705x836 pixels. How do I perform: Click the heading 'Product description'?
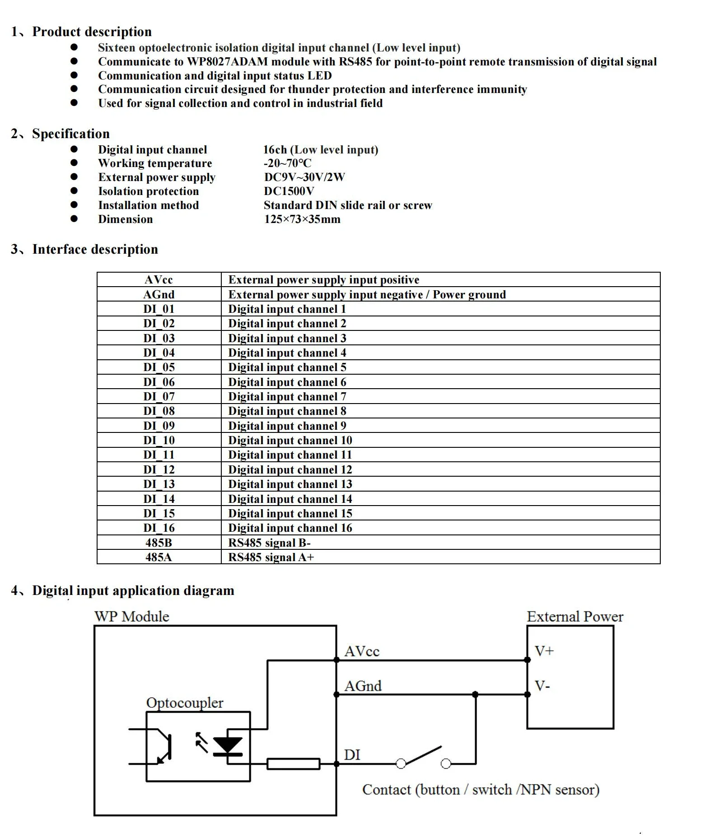pos(92,32)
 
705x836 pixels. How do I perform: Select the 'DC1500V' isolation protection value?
pos(289,191)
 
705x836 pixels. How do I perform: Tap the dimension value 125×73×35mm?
pos(302,219)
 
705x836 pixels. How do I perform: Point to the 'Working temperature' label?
pos(155,163)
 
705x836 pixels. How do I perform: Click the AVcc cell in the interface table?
pos(159,280)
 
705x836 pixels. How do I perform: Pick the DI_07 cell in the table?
pos(159,396)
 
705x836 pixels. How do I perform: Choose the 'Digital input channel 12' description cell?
pos(290,469)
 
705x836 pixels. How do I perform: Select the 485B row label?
pos(159,543)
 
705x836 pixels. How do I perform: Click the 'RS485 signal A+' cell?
pos(271,557)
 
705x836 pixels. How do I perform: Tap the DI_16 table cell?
pos(159,528)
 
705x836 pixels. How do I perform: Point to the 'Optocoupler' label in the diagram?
pos(185,703)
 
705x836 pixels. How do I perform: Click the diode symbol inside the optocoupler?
pos(228,746)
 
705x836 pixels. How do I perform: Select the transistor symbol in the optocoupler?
pos(163,747)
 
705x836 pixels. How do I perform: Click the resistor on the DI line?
pos(294,764)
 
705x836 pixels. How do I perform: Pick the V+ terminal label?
pos(544,651)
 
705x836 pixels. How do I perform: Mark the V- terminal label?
pos(542,686)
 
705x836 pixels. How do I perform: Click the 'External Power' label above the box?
pos(574,617)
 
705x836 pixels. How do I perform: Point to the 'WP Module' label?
pos(132,617)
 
